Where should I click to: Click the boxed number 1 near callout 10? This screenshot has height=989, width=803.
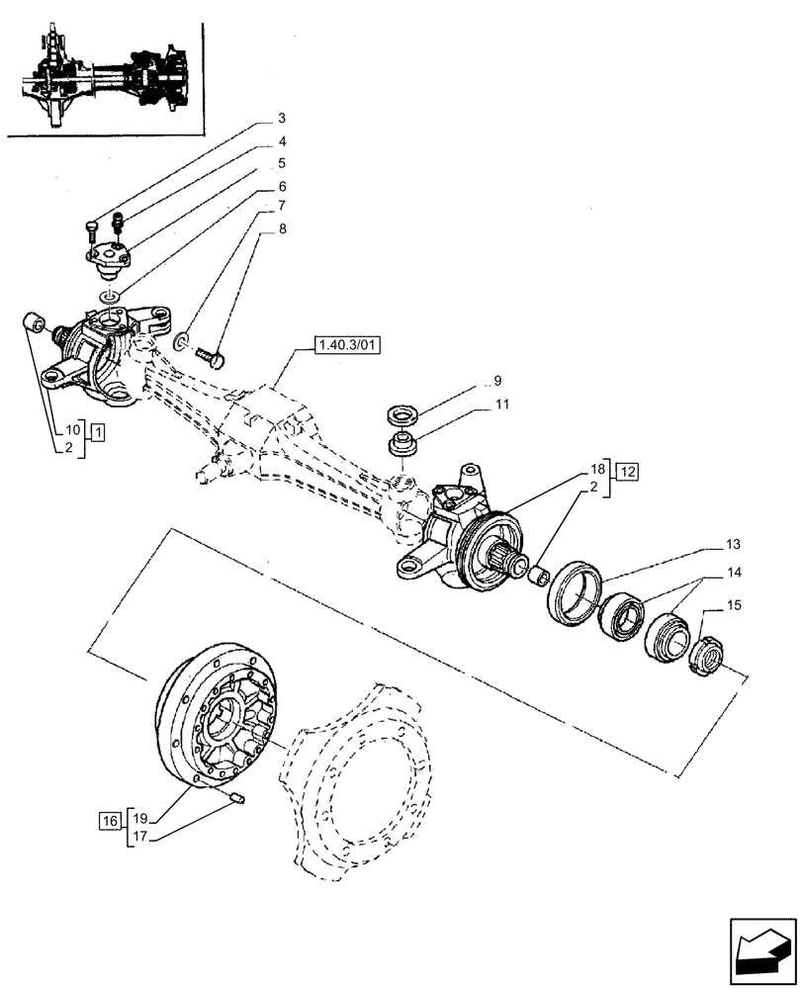tap(98, 432)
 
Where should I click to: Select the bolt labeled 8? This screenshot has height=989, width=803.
tap(211, 351)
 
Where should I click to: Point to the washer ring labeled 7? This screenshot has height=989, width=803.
tap(182, 342)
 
